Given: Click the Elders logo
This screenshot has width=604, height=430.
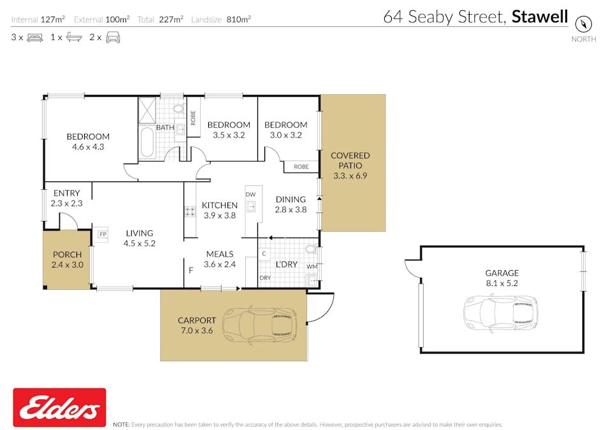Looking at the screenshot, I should [59, 407].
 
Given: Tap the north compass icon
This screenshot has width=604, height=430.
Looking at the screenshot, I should [584, 24].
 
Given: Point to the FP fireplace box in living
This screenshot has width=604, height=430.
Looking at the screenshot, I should [102, 234].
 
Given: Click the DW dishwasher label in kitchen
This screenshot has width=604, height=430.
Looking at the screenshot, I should [250, 194].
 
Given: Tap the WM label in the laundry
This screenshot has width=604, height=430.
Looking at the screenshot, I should [312, 266].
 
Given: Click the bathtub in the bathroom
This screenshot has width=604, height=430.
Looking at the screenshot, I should [147, 143].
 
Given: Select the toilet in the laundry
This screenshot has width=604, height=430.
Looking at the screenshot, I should [311, 249].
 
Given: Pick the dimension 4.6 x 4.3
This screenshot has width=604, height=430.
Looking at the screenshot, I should [88, 147].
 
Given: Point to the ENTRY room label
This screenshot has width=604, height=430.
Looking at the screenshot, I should [67, 193].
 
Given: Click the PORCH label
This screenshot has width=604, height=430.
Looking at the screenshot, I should [67, 255].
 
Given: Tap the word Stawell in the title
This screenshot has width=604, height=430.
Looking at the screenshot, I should [540, 17].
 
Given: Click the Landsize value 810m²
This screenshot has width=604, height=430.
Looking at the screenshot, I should [238, 19].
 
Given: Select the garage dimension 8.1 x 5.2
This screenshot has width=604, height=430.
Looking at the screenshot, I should [501, 283].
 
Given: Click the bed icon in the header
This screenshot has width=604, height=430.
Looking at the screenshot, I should [34, 38].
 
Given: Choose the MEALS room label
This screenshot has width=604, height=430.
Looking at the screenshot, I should [219, 254].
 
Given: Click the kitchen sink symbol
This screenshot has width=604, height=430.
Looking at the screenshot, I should [251, 206].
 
